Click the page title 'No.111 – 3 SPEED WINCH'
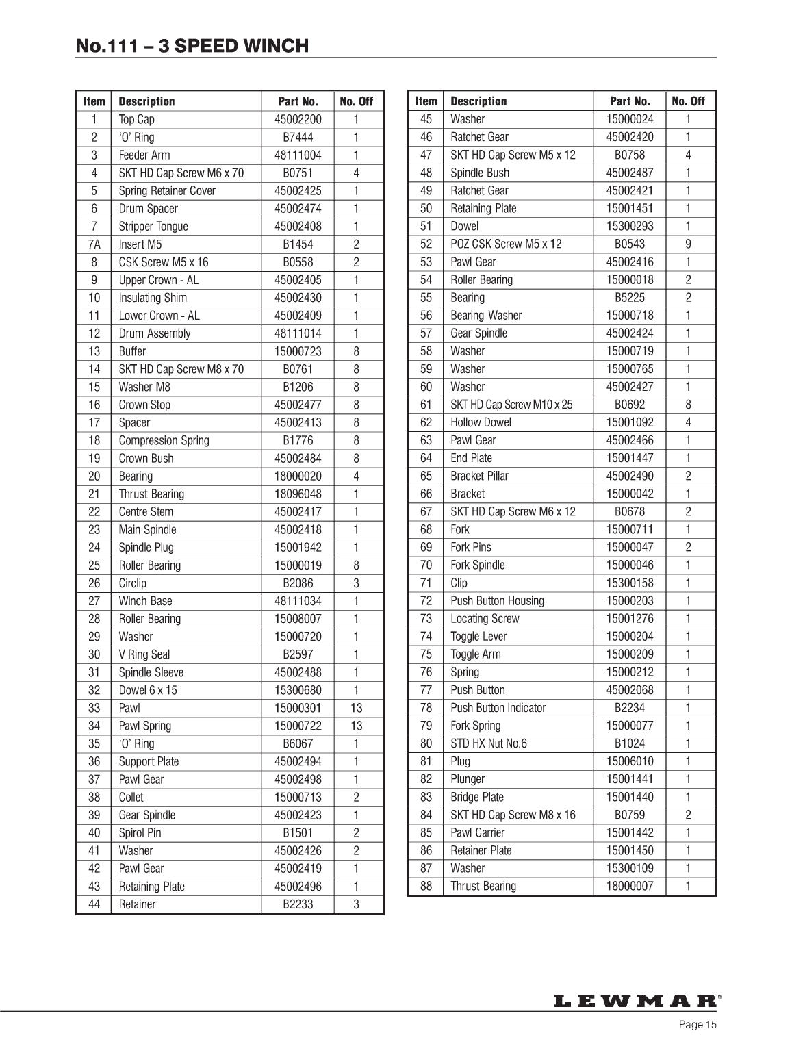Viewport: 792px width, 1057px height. [x=192, y=46]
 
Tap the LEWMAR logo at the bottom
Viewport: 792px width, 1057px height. [x=635, y=1001]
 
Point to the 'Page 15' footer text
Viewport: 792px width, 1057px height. [x=698, y=1025]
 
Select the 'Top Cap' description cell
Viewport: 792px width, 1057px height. [x=137, y=119]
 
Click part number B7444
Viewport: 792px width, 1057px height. [x=298, y=137]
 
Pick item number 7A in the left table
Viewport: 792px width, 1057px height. [x=94, y=244]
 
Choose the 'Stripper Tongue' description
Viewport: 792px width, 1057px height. [x=153, y=227]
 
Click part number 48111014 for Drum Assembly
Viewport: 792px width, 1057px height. [x=298, y=333]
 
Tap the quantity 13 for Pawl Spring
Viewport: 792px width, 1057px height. [x=356, y=726]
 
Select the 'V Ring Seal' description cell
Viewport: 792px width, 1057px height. [x=144, y=654]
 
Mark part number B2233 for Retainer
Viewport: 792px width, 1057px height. [x=298, y=904]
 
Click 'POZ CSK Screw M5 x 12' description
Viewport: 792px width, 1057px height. [x=506, y=244]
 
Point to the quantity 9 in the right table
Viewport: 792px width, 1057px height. [x=688, y=244]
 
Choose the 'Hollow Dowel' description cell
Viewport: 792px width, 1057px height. [x=481, y=422]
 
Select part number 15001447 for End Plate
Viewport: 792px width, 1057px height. [x=630, y=458]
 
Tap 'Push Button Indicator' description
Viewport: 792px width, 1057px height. [x=498, y=708]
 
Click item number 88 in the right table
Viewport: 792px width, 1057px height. [x=426, y=886]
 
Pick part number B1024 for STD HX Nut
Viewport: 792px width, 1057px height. [x=630, y=743]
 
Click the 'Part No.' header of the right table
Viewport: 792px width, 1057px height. [x=630, y=101]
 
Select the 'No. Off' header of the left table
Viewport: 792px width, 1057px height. [x=356, y=101]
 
